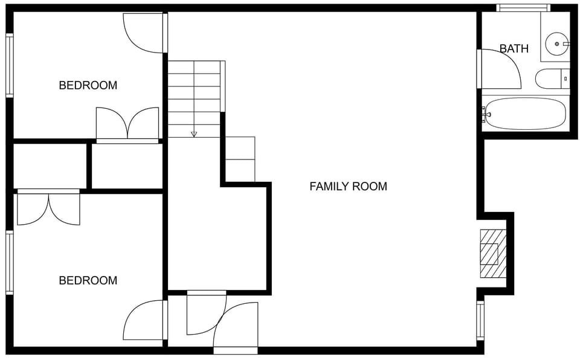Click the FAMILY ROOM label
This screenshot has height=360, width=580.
pos(348,187)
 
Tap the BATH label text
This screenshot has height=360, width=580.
pos(514,49)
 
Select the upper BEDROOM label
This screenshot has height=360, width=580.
pos(88,85)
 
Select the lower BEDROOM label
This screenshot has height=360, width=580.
pos(88,280)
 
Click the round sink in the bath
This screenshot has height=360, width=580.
pos(556,43)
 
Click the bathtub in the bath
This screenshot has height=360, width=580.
pos(526,114)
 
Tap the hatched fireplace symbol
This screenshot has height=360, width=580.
pos(492,253)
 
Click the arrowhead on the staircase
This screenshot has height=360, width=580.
pos(194,134)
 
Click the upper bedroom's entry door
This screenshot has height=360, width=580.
pos(144,33)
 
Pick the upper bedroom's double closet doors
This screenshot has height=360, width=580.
pos(127,125)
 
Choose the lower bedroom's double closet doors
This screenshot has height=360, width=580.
pos(48,208)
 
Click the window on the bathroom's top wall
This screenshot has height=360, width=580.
pos(523,8)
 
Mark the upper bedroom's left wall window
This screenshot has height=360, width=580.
pos(9,65)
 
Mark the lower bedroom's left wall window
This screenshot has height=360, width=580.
pos(9,263)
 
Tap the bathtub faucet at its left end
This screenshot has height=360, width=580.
pos(485,114)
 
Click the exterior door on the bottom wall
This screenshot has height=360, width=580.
pos(236,350)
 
